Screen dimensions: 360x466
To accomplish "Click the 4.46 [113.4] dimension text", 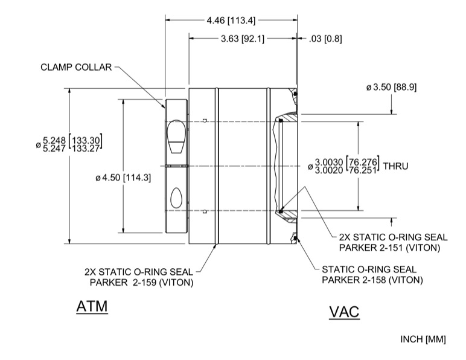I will (x=231, y=20).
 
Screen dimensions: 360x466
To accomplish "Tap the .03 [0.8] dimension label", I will (x=325, y=39).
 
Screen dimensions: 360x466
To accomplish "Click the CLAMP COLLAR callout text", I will (x=76, y=67).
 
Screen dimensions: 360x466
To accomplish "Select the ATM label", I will (x=92, y=307).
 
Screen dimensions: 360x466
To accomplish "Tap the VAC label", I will (x=344, y=312).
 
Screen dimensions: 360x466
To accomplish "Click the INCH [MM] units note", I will (x=423, y=339).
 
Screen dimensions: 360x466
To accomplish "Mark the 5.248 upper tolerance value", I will (x=56, y=139).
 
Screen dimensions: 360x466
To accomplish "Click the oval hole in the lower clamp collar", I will (x=177, y=196).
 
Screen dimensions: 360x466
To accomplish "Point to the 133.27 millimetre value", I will (x=88, y=148).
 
